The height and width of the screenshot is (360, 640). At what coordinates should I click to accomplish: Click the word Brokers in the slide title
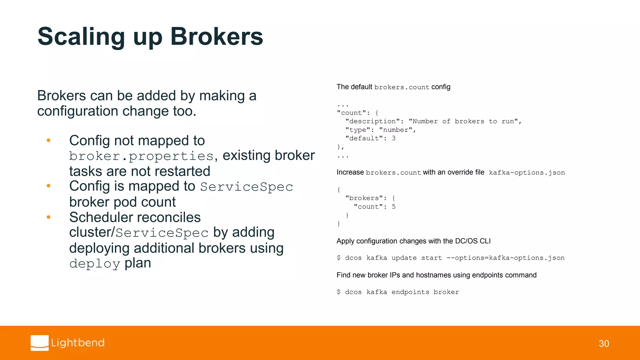point(217,37)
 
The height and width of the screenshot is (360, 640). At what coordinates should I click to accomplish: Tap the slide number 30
point(604,344)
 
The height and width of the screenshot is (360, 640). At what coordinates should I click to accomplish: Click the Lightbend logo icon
point(40,343)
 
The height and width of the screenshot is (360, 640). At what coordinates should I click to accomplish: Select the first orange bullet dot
point(48,141)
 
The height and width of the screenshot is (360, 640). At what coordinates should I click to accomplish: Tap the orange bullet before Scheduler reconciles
point(48,217)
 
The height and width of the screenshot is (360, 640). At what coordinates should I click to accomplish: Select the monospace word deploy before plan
point(95,264)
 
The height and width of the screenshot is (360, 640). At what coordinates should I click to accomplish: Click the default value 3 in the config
point(394,138)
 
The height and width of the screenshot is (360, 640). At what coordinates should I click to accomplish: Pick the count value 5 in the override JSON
point(394,207)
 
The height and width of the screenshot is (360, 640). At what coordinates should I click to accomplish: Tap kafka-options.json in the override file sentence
point(527,172)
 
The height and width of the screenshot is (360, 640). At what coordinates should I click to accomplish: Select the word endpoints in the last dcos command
point(410,292)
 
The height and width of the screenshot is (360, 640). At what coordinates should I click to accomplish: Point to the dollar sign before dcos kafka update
point(339,258)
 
